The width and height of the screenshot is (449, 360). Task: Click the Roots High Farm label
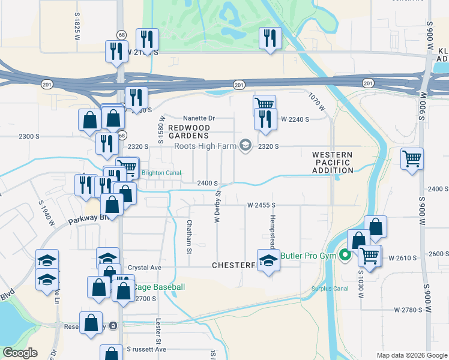point(205,146)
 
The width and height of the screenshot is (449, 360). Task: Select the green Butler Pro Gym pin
point(345,255)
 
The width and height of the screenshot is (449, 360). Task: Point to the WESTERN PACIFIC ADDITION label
point(333,163)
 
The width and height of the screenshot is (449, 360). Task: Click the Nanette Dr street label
point(199,119)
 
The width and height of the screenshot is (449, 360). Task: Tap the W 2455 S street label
point(261,205)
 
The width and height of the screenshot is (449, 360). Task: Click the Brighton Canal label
point(161,173)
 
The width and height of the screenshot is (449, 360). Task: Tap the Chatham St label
point(188,236)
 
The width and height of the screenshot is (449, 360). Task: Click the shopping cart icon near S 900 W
point(412,159)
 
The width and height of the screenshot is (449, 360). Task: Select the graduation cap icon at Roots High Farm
point(245,146)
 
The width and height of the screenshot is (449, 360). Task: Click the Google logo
point(20,353)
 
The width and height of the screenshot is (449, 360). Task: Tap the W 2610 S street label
point(402,257)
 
